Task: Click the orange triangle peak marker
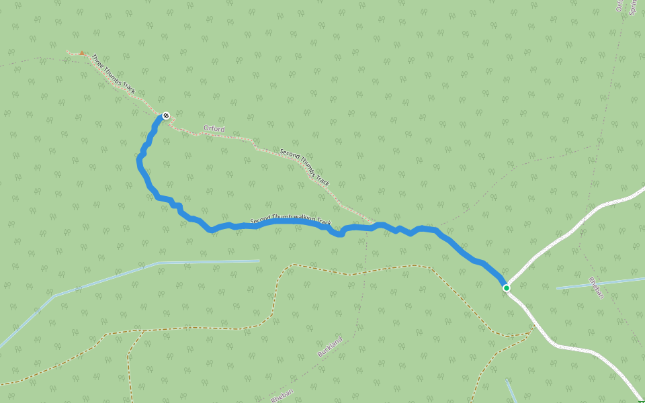click(x=81, y=52)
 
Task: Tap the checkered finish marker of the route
click(x=166, y=115)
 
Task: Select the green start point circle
click(x=506, y=288)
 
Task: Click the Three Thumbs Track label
click(x=114, y=74)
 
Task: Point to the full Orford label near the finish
click(x=214, y=128)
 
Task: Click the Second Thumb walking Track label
click(x=291, y=220)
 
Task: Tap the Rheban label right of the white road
click(x=597, y=287)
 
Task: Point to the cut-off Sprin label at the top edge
click(x=632, y=7)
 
